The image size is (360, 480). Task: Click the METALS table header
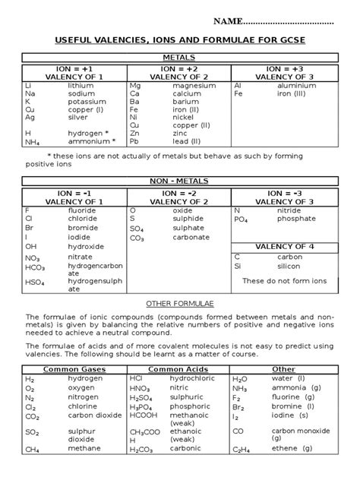179,58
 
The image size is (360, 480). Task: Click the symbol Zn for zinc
135,133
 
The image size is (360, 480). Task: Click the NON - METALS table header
179,181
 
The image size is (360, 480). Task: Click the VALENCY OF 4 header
284,247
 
